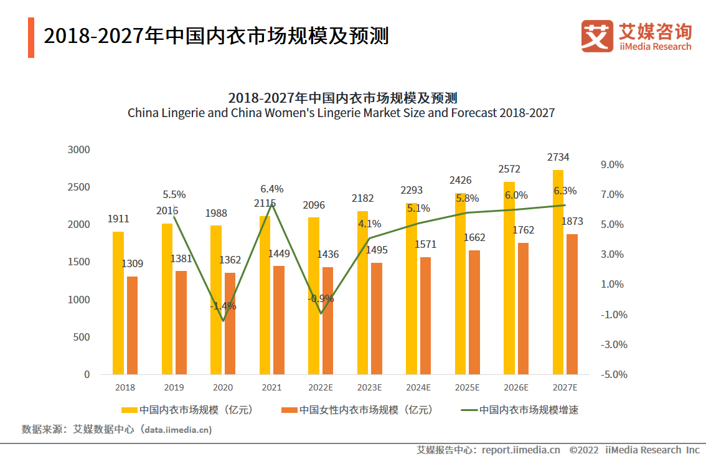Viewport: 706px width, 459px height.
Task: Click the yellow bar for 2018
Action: tap(118, 303)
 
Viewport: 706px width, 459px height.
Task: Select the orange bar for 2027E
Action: tap(572, 304)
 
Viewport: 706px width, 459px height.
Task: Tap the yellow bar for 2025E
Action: tap(460, 283)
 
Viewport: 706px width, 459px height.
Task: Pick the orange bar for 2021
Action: tap(279, 320)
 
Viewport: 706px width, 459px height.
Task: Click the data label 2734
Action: tap(558, 157)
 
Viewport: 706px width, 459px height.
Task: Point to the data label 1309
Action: tap(132, 263)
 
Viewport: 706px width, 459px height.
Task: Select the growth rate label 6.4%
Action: tap(271, 189)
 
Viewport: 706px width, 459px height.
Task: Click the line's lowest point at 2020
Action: tap(223, 321)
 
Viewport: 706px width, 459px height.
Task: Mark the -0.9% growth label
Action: tap(321, 298)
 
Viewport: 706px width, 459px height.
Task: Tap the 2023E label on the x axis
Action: tap(370, 387)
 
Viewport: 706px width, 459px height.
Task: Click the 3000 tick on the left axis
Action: tap(78, 150)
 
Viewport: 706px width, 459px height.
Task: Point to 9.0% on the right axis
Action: tap(612, 165)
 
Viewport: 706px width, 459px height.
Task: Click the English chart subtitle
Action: tap(341, 113)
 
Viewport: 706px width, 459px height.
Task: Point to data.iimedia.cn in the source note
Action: tap(178, 430)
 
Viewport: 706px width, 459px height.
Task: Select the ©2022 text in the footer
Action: tap(583, 450)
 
